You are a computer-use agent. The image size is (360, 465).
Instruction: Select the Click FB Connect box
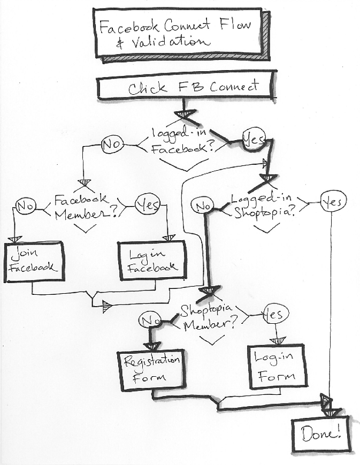[x=185, y=87]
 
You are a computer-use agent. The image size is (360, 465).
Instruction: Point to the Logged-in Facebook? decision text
[x=181, y=142]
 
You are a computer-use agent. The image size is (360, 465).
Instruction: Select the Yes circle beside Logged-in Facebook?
[x=253, y=140]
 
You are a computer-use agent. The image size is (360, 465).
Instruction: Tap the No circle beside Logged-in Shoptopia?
[x=203, y=205]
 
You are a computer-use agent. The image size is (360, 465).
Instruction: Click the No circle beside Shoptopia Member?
[x=149, y=321]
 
